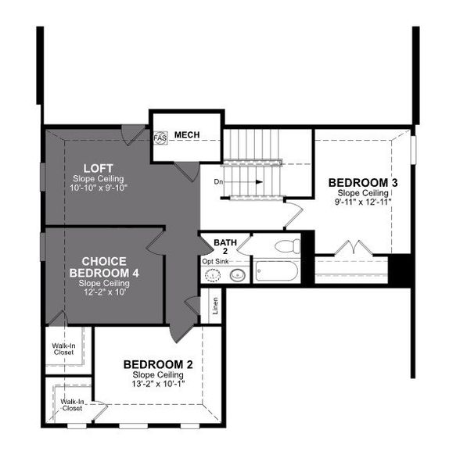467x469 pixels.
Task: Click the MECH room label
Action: (187, 135)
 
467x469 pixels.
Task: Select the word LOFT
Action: (100, 168)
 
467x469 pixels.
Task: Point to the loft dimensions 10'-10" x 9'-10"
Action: (100, 188)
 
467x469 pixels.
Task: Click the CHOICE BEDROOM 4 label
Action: (104, 267)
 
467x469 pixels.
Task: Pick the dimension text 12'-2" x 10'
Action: (104, 291)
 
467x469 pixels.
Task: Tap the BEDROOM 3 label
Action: (363, 182)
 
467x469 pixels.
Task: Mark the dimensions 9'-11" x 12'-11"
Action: (363, 201)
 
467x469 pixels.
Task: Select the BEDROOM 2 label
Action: (158, 365)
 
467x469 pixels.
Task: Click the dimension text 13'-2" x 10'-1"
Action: (158, 384)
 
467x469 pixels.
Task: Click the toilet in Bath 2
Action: (287, 246)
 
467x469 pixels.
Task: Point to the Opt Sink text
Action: (215, 262)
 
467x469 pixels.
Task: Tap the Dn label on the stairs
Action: (218, 182)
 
